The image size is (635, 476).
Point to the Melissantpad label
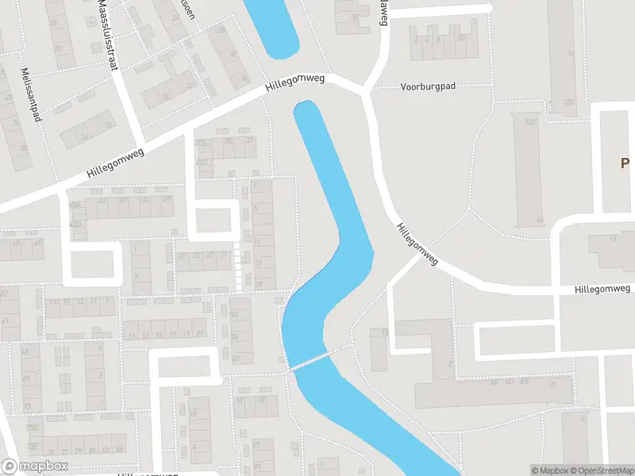[x=32, y=94]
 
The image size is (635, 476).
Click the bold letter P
[x=625, y=163]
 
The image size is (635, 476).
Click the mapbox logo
[x=35, y=466]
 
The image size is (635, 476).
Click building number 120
[x=568, y=102]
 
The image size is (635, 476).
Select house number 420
[x=76, y=224]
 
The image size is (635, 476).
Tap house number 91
[x=258, y=466]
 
